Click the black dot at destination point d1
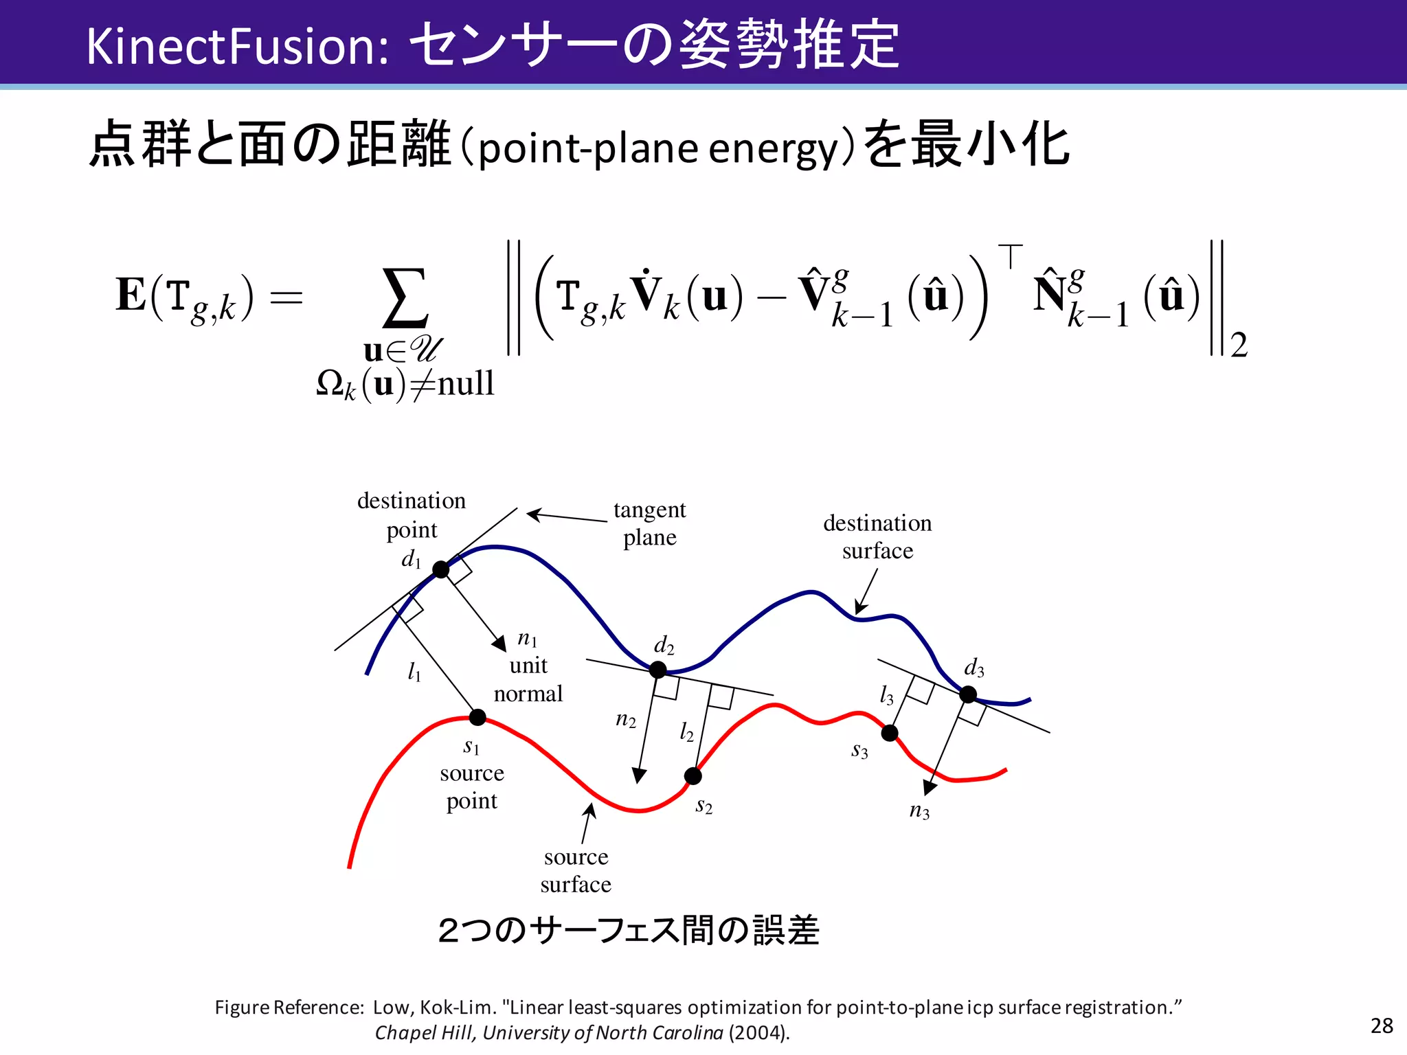point(441,569)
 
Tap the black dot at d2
point(657,669)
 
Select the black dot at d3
point(968,694)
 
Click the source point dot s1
point(477,718)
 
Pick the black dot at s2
point(693,776)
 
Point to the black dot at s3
point(890,733)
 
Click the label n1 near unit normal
point(527,639)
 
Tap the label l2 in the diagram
point(686,732)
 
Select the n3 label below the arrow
point(919,811)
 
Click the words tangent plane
point(649,523)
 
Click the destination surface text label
point(877,536)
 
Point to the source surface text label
point(576,870)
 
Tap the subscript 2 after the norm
point(1239,345)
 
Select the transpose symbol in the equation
point(1010,256)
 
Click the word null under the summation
point(466,383)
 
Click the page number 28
point(1382,1025)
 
